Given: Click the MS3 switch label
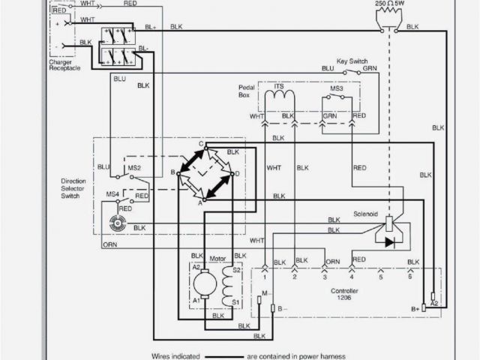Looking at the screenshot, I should pos(337,88).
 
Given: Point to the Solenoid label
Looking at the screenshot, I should pos(367,214).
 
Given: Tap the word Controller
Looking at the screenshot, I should pos(343,289).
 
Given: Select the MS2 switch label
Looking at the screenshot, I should pos(134,166).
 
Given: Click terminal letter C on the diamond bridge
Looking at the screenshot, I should pos(201,144).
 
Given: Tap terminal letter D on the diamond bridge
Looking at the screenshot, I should pos(237,174).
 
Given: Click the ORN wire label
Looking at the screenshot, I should pos(109,244).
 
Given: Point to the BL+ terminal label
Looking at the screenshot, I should pos(151,27).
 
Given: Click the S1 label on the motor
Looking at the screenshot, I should pos(235,302).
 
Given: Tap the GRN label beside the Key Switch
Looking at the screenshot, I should pos(370,68).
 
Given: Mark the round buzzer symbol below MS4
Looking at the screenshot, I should pos(116,223).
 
